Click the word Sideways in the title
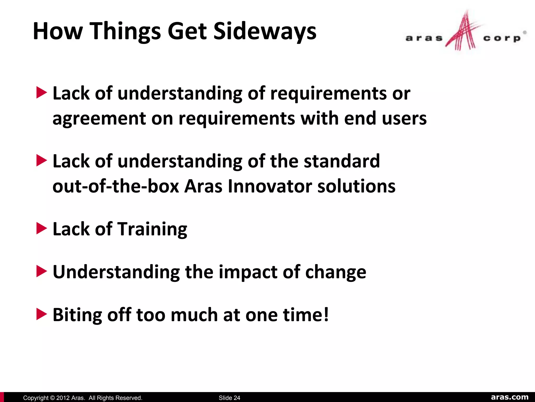265,31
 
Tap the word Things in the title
125,31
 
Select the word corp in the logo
502,38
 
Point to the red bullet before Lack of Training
41,228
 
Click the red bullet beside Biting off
41,314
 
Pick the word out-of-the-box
116,186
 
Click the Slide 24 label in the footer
229,398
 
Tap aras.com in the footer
510,397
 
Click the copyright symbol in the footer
52,398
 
